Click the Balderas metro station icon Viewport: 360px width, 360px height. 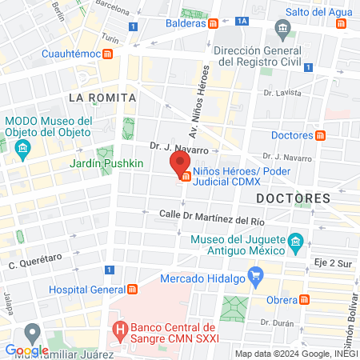click(x=213, y=23)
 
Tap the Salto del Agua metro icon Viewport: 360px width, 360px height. click(x=342, y=23)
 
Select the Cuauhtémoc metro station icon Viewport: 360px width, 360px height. click(x=107, y=54)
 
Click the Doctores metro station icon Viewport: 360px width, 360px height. click(x=321, y=134)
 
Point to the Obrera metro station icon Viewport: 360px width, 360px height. click(x=304, y=299)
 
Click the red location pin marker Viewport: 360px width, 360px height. click(x=177, y=164)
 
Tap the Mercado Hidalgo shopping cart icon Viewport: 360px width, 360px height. click(x=256, y=278)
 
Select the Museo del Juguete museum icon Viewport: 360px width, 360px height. click(x=295, y=242)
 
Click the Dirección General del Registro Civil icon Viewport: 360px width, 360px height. click(x=282, y=31)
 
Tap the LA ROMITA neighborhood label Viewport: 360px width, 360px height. click(x=102, y=97)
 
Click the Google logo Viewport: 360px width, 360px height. click(x=26, y=350)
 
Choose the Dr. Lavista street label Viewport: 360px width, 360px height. click(x=287, y=93)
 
